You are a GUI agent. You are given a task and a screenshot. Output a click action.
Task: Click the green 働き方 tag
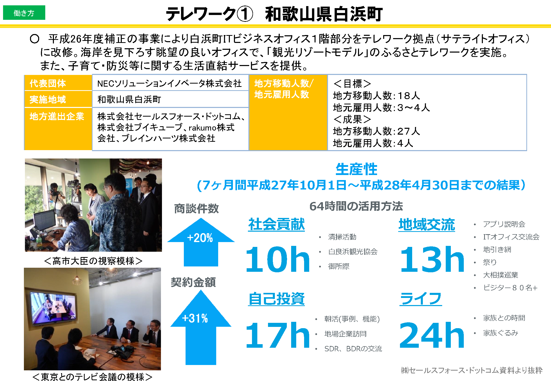point(24,13)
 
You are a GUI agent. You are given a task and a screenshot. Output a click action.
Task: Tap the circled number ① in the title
point(245,14)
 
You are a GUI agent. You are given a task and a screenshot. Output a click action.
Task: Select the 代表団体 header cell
point(58,83)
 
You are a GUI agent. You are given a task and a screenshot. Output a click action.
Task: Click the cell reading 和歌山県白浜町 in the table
point(170,99)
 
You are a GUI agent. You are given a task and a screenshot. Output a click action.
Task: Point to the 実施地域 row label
point(58,99)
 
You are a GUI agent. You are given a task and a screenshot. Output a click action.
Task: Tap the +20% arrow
point(201,242)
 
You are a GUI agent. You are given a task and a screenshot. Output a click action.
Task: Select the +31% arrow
point(201,327)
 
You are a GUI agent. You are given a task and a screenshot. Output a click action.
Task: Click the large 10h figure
point(277,259)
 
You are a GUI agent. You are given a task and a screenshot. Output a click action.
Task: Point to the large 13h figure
point(432,259)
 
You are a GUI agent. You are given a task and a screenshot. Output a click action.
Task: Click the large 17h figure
point(277,335)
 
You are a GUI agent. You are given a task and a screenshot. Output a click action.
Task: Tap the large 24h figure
point(432,335)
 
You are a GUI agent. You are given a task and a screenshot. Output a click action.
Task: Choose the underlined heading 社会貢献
point(276,225)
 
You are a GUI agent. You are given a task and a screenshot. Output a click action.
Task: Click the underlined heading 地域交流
point(427,225)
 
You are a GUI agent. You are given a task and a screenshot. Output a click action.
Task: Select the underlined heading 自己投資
point(276,299)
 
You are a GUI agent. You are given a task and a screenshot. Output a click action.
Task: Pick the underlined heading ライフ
point(421,299)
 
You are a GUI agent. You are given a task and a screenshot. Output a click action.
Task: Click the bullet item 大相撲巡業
point(500,275)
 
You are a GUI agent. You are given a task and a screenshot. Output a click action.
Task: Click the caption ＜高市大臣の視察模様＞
point(93,261)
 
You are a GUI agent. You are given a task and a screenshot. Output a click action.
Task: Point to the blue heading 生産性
point(356,169)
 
